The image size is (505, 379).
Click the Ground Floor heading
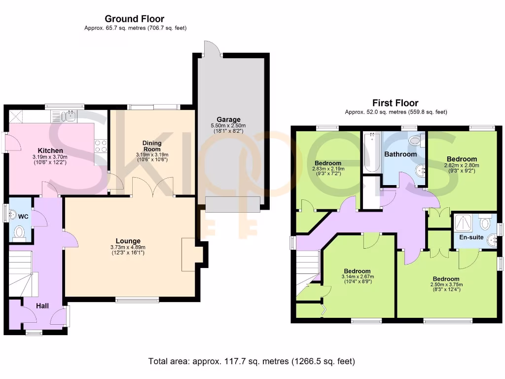tap(135, 19)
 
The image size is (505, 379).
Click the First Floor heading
tap(395, 103)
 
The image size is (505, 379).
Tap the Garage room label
tap(229, 119)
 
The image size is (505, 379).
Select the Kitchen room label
tap(51, 151)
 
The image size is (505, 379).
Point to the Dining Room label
tap(152, 146)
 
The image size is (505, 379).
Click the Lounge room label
tap(129, 241)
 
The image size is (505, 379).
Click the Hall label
tap(42, 306)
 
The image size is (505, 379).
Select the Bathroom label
tap(400, 154)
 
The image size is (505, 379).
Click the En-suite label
tap(471, 237)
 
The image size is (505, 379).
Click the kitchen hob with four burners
tap(101, 146)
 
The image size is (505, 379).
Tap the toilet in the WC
tap(20, 232)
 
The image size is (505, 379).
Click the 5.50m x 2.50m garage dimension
tap(229, 126)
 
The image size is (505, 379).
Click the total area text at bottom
tap(252, 361)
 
